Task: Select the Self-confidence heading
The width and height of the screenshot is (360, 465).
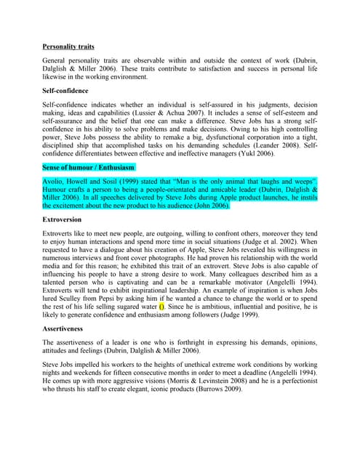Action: tap(65, 91)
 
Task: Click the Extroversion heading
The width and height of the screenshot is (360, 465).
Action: tap(62, 219)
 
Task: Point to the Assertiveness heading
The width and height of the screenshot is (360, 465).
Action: tap(67, 328)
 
